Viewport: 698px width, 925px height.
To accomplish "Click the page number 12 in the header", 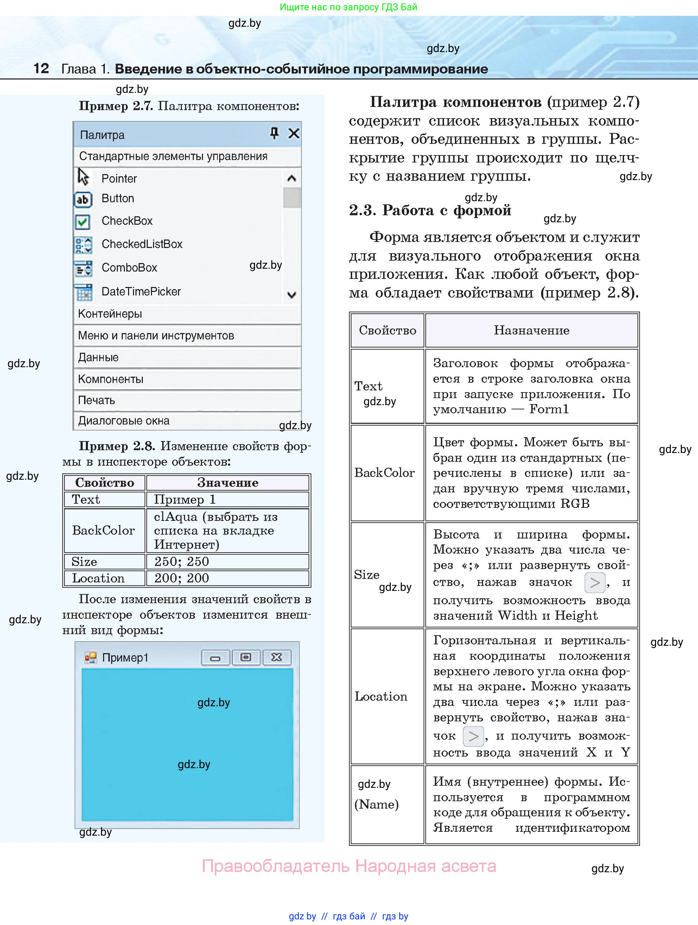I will [41, 69].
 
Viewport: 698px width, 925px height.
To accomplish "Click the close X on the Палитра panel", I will [293, 133].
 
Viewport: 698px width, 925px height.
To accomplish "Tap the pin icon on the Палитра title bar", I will [274, 133].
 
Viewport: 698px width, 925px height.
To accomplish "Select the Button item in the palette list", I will [118, 199].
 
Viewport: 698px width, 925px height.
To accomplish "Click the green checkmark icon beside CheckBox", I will [82, 222].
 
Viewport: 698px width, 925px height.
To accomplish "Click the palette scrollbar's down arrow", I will [292, 295].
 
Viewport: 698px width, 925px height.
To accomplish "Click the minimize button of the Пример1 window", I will [215, 658].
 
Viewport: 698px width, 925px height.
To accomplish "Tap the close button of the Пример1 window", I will [277, 657].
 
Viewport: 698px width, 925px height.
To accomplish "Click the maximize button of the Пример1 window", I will [246, 657].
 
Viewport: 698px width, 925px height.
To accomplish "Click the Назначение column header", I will [531, 330].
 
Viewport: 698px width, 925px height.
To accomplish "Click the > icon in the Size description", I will [594, 583].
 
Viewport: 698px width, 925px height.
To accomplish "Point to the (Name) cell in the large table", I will [377, 804].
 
